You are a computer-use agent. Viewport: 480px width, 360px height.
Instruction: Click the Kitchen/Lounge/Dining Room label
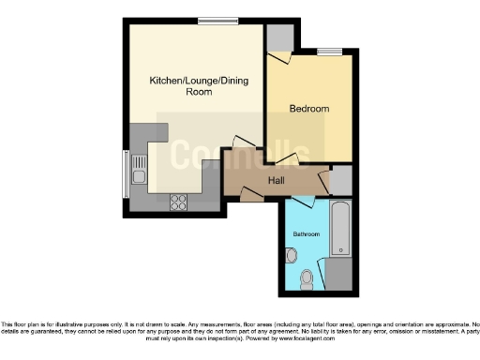coord(194,86)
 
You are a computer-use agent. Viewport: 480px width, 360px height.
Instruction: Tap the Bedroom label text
coord(308,109)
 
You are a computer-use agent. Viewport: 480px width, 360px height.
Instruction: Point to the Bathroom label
coord(306,233)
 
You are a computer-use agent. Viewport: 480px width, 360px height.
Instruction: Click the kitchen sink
coord(139,173)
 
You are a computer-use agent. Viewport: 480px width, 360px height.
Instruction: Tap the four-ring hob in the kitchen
coord(178,202)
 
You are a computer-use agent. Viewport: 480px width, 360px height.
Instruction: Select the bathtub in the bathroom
coord(340,228)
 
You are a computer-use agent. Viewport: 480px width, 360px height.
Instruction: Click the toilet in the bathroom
coord(307,277)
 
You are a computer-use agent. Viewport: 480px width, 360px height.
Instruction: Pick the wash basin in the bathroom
coord(291,254)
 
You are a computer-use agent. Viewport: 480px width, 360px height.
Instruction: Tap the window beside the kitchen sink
coord(126,173)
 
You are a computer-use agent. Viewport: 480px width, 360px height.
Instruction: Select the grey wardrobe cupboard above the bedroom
coord(279,37)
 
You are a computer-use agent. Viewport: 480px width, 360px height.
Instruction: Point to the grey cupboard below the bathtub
coord(339,274)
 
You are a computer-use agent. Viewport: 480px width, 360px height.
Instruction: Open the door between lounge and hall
coord(242,149)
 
